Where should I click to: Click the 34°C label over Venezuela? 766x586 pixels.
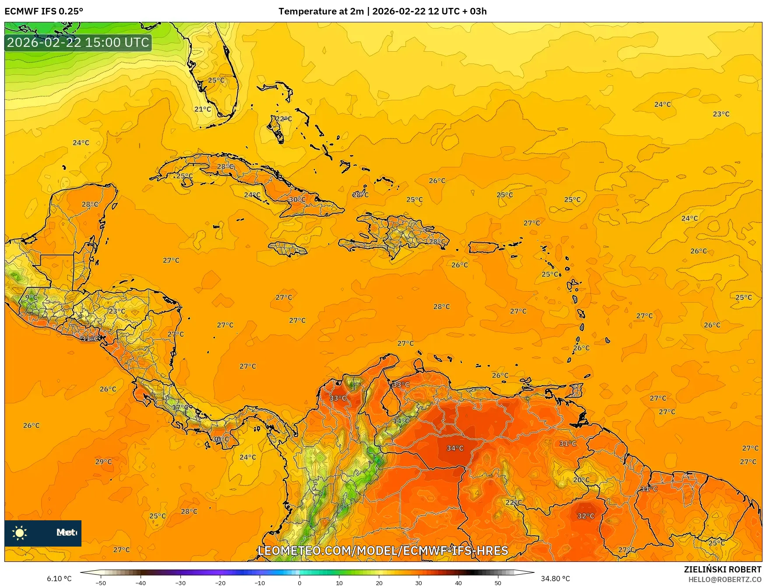(455, 448)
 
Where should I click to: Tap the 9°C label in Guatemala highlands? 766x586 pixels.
(31, 297)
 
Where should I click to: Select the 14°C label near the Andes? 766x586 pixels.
(401, 421)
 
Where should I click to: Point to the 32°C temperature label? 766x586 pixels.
(586, 516)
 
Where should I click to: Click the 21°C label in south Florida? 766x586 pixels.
(202, 109)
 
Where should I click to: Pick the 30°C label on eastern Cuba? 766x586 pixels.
(297, 199)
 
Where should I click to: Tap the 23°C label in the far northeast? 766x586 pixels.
(721, 114)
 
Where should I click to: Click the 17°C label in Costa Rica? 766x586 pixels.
(180, 407)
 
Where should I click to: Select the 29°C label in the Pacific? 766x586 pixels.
(103, 461)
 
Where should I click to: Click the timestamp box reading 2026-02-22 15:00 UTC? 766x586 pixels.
(78, 42)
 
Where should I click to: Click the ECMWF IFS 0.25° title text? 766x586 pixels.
(44, 11)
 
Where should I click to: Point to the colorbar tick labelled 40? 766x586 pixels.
(458, 582)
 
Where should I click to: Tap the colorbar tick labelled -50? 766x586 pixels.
(100, 582)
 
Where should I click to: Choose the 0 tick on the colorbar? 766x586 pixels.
(300, 582)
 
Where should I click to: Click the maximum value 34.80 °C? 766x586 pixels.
(555, 579)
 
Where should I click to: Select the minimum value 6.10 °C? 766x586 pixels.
(59, 579)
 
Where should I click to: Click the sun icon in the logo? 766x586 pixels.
(20, 533)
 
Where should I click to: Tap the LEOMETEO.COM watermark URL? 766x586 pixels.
(383, 551)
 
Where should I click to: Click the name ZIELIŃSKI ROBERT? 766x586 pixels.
(722, 569)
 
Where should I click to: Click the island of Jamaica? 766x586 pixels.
(288, 249)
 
